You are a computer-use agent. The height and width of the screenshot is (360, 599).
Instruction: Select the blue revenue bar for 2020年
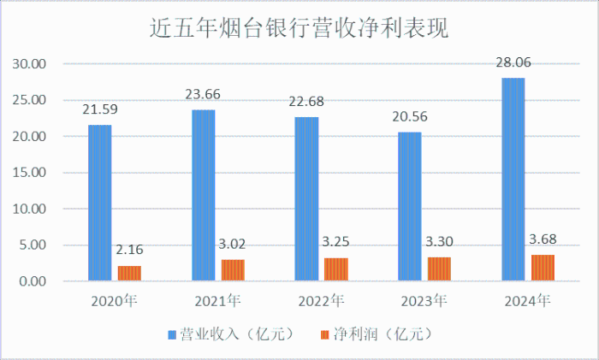tap(99, 203)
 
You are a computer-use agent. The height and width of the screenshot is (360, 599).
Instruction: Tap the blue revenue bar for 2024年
tap(513, 180)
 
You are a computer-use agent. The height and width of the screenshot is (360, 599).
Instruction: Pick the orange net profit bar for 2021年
tap(233, 270)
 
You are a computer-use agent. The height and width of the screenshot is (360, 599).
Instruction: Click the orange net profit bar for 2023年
tap(439, 269)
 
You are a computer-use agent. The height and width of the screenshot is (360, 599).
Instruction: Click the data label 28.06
tap(513, 62)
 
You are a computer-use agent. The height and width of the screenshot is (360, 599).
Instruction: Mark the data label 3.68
tap(543, 238)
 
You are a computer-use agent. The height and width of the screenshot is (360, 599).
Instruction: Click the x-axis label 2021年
tap(217, 301)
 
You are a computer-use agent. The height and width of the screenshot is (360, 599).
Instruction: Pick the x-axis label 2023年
tap(424, 301)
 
